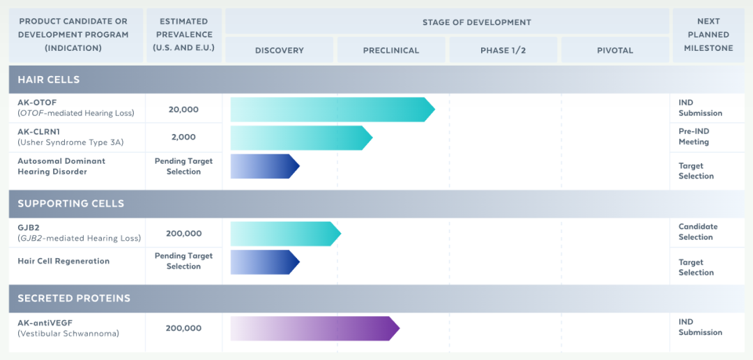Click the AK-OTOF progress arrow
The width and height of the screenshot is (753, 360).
pyautogui.click(x=333, y=110)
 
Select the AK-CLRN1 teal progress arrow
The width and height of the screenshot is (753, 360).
pyautogui.click(x=302, y=138)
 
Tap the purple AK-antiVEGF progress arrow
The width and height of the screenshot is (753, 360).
pyautogui.click(x=315, y=329)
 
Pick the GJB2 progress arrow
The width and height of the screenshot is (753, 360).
pyautogui.click(x=286, y=234)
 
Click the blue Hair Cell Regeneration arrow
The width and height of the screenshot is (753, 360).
pyautogui.click(x=265, y=262)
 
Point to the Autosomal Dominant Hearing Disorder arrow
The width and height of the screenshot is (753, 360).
pyautogui.click(x=265, y=166)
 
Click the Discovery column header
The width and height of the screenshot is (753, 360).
pyautogui.click(x=280, y=50)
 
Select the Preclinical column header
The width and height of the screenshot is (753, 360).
pyautogui.click(x=391, y=50)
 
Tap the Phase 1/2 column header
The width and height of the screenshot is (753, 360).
pyautogui.click(x=503, y=50)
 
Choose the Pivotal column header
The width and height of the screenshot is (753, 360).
pyautogui.click(x=615, y=50)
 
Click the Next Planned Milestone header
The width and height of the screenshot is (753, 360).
pyautogui.click(x=708, y=35)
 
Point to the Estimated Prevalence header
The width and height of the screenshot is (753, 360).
pyautogui.click(x=184, y=35)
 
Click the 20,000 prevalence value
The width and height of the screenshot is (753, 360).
pyautogui.click(x=183, y=110)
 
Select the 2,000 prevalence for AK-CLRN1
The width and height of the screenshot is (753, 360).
pyautogui.click(x=183, y=137)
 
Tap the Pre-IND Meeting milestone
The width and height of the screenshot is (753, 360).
pyautogui.click(x=694, y=137)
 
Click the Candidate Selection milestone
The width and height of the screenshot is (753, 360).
pyautogui.click(x=698, y=232)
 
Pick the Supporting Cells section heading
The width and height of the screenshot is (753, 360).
pyautogui.click(x=71, y=203)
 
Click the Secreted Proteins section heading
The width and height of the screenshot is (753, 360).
pyautogui.click(x=74, y=299)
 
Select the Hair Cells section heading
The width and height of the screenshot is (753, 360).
pyautogui.click(x=49, y=80)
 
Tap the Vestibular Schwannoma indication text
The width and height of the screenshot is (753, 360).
pyautogui.click(x=68, y=333)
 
